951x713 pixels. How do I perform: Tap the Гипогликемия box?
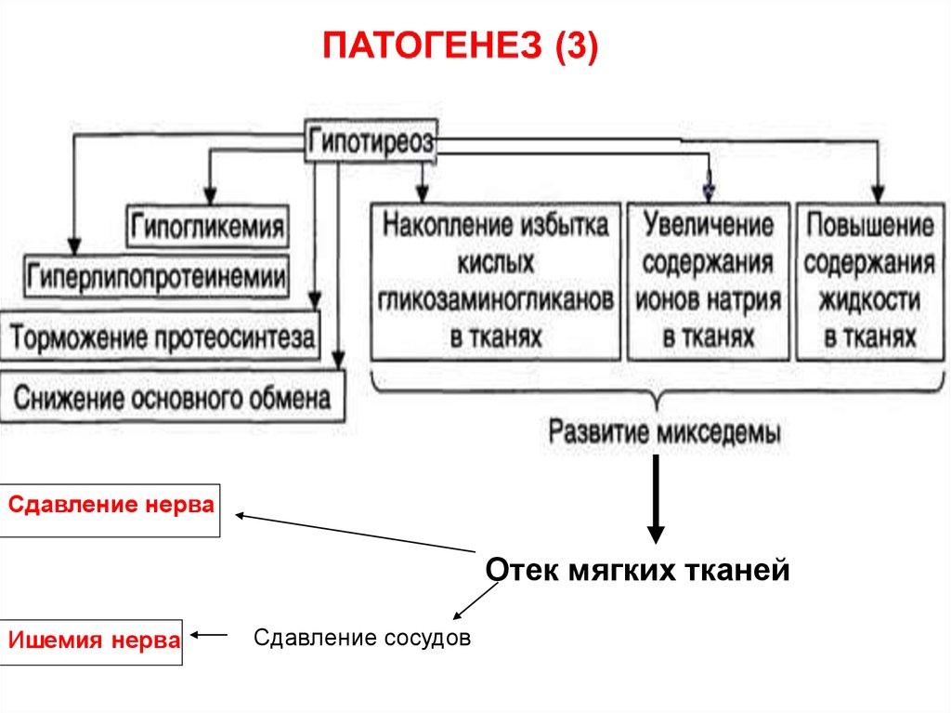pyautogui.click(x=207, y=226)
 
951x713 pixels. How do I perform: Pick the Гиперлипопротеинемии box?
pyautogui.click(x=157, y=275)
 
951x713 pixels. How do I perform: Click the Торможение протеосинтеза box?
pyautogui.click(x=162, y=338)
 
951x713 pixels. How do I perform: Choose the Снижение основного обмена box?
pyautogui.click(x=172, y=399)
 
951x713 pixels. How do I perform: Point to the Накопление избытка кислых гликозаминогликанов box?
pyautogui.click(x=496, y=281)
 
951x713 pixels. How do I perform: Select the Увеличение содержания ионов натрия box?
pyautogui.click(x=709, y=281)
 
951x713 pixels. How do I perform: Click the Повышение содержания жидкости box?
pyautogui.click(x=868, y=281)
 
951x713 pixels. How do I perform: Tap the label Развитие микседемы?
pyautogui.click(x=664, y=432)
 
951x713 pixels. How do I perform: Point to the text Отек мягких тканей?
pyautogui.click(x=638, y=569)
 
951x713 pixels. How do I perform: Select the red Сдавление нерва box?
pyautogui.click(x=111, y=509)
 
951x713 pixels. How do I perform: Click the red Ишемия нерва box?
pyautogui.click(x=94, y=641)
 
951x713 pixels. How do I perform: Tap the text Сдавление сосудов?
pyautogui.click(x=362, y=639)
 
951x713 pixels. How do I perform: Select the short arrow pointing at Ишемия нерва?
pyautogui.click(x=209, y=637)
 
